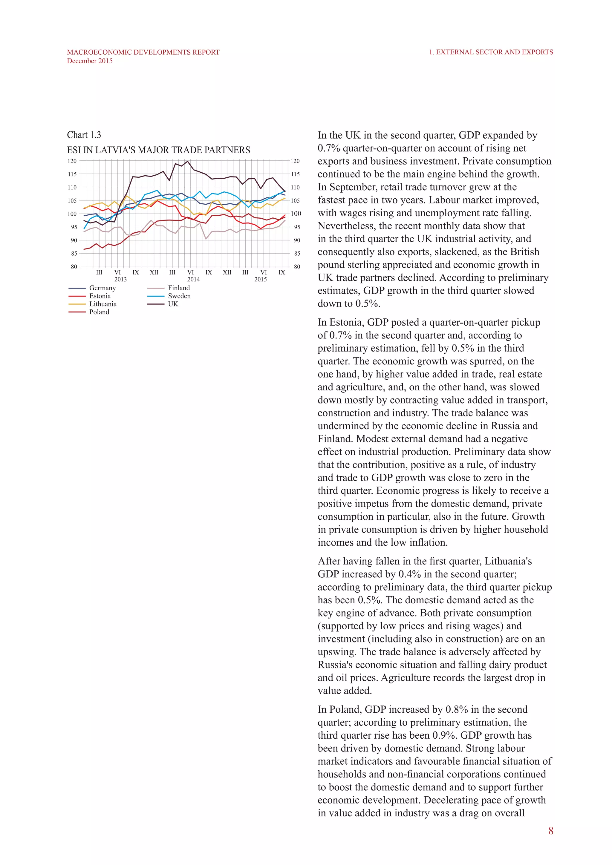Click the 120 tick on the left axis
pyautogui.click(x=72, y=161)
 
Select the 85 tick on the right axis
pyautogui.click(x=297, y=254)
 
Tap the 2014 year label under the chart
pyautogui.click(x=193, y=280)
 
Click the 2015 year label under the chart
pyautogui.click(x=260, y=280)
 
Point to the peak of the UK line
pyautogui.click(x=188, y=162)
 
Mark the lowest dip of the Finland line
pyautogui.click(x=206, y=239)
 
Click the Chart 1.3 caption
pyautogui.click(x=84, y=135)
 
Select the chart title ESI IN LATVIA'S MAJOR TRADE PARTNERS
pyautogui.click(x=158, y=150)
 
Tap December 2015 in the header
pyautogui.click(x=90, y=61)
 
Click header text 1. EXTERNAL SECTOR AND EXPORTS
pyautogui.click(x=491, y=52)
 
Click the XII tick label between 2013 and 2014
pyautogui.click(x=154, y=272)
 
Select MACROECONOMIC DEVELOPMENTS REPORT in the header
pyautogui.click(x=143, y=52)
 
